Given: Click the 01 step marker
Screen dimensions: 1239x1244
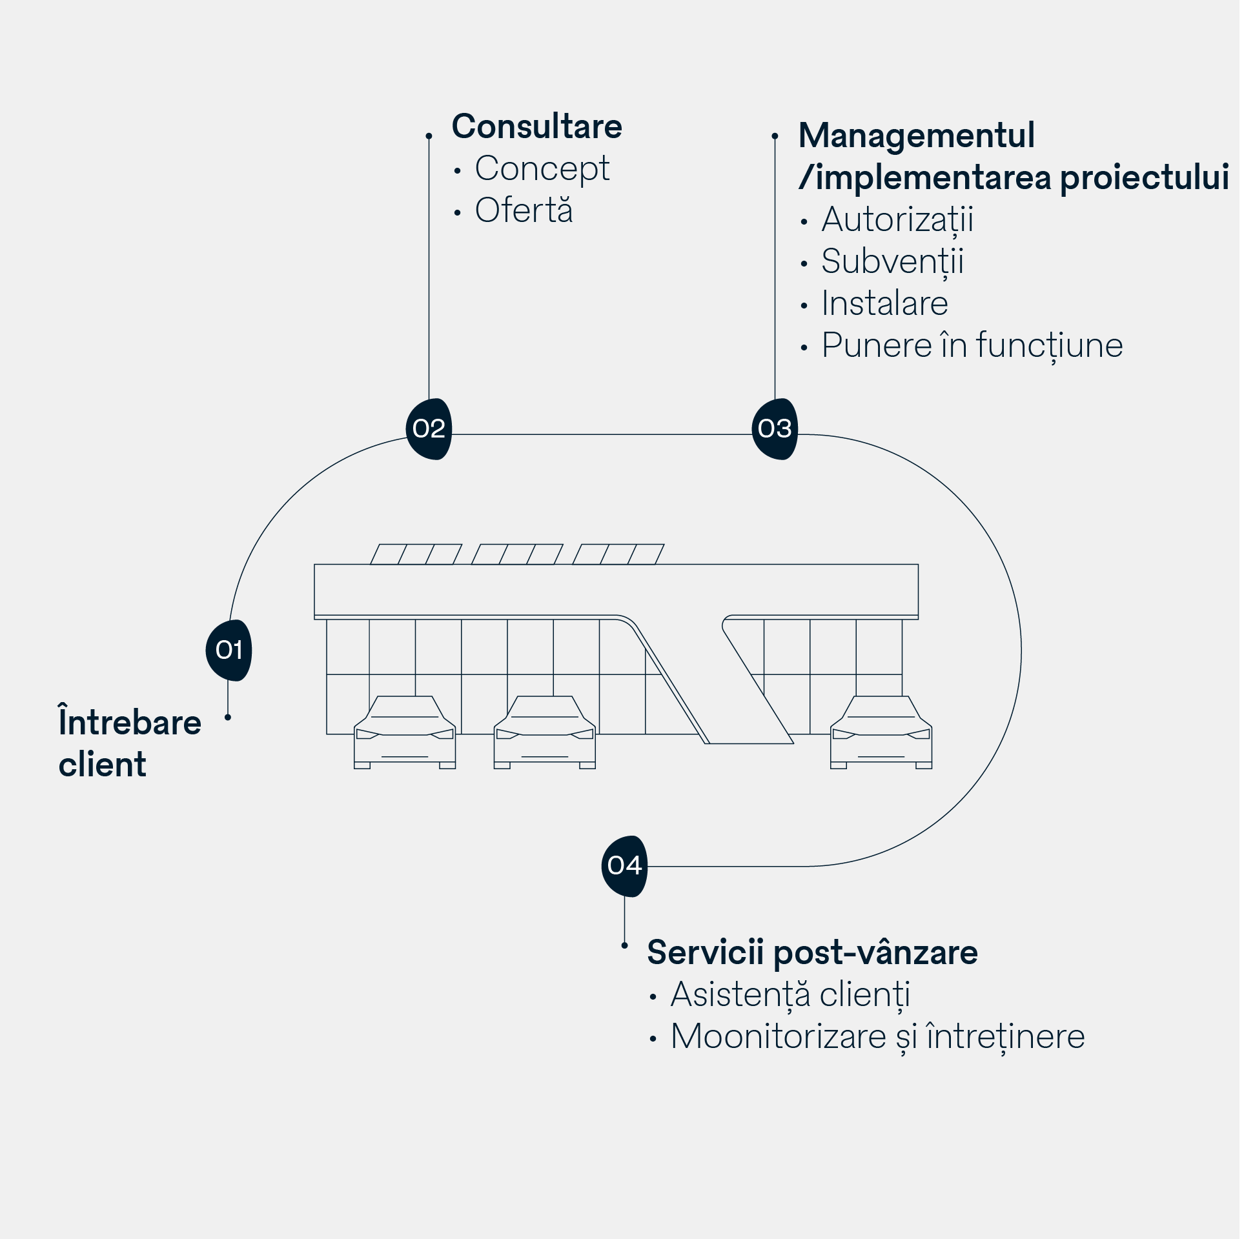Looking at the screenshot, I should coord(229,650).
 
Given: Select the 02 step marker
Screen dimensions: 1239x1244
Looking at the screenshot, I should coord(429,428).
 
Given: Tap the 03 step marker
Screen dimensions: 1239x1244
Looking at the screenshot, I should coord(775,428).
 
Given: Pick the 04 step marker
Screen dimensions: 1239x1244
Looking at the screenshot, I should coord(624,865).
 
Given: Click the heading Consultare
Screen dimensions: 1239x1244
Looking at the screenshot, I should coord(536,126).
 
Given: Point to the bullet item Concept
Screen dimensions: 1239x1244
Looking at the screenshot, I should coord(542,169).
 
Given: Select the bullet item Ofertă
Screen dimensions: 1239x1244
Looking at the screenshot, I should coord(524,210).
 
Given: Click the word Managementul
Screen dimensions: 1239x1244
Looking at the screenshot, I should coord(916,136).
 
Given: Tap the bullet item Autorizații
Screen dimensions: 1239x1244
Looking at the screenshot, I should coord(897,220).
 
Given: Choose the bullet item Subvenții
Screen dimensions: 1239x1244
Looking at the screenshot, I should coord(892,262).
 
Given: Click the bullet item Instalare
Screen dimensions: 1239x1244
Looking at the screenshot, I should coord(884,303).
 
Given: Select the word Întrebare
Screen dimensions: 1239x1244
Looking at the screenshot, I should coord(130,722).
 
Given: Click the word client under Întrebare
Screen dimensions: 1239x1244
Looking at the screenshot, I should coord(102,765).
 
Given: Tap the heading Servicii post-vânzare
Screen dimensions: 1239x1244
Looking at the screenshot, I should coord(812,952).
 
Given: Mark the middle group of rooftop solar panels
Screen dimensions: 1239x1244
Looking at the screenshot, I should coord(517,554).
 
